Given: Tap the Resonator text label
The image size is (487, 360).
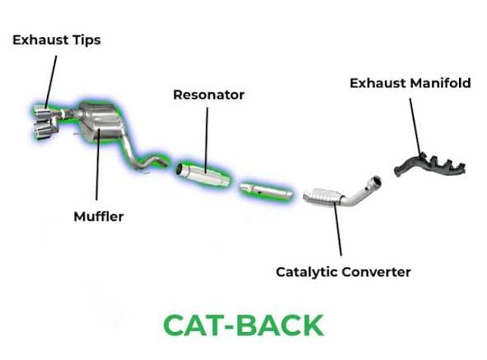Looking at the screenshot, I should point(208,95).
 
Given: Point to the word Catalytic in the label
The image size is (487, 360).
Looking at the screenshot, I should point(308,271).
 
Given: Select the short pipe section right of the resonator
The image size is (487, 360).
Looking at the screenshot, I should point(265,191).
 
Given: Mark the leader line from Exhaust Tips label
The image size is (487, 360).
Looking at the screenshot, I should point(50,78).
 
